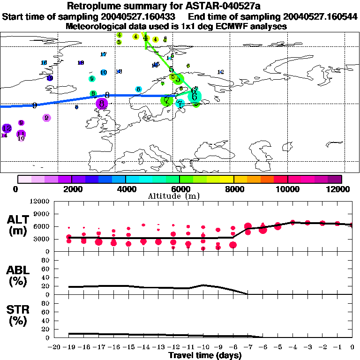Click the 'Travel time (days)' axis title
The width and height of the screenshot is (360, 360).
click(205, 355)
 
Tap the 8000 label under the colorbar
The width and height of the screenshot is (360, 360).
click(233, 189)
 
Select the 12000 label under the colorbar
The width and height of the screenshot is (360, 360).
click(341, 189)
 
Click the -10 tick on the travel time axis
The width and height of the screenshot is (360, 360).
click(203, 347)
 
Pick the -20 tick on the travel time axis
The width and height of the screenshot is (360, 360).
click(55, 347)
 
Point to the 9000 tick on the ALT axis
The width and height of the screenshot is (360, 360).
click(43, 214)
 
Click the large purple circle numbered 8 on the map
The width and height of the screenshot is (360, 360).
click(102, 104)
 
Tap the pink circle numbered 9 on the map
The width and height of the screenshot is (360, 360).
click(46, 118)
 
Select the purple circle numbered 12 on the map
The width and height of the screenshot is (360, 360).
click(7, 128)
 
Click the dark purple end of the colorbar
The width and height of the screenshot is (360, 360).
click(335, 179)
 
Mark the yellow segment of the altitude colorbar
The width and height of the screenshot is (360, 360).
click(227, 179)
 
